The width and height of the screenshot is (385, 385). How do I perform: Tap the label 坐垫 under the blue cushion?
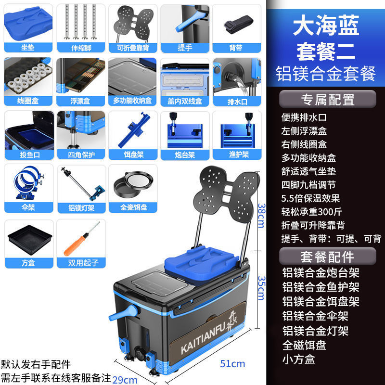27,47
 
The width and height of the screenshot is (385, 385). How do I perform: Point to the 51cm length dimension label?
232,363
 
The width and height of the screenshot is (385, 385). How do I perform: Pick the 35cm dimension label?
260,287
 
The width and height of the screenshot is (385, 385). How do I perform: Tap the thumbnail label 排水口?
237,101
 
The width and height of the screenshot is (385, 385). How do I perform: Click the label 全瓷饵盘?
133,208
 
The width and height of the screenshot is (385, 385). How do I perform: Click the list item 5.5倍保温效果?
310,198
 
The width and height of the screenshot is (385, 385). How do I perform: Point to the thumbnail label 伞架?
27,208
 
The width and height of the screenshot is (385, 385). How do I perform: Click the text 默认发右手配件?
36,364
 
